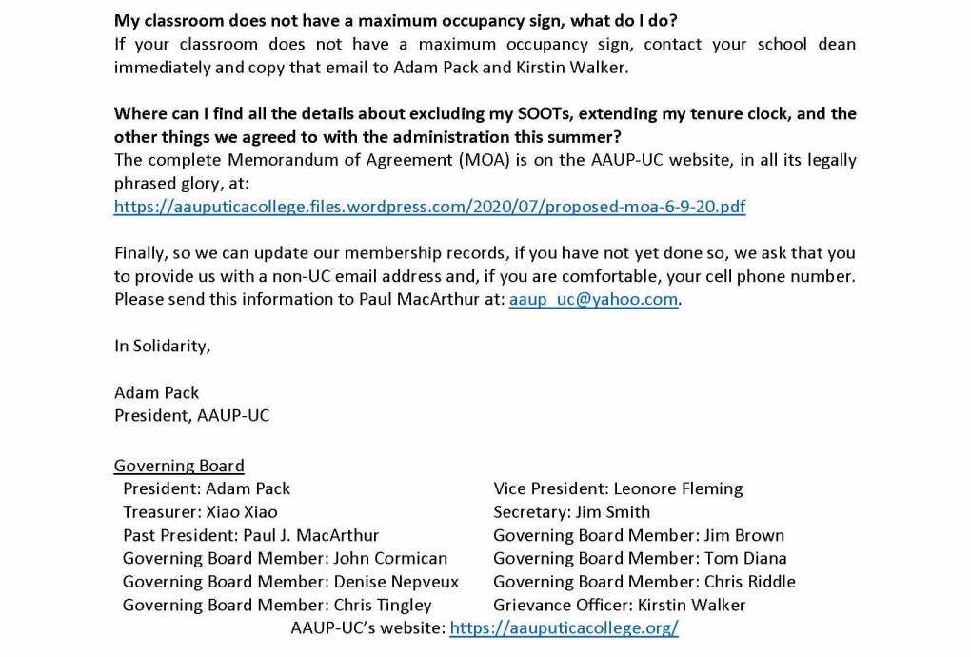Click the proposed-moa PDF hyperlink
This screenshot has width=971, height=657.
(429, 207)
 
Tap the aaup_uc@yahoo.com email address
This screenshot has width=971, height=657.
(594, 299)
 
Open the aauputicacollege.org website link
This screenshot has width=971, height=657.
(564, 628)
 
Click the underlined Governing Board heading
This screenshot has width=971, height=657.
(179, 466)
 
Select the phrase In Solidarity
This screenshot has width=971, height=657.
(162, 346)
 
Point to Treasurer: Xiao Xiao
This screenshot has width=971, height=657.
(200, 511)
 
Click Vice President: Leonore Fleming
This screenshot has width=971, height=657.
(618, 488)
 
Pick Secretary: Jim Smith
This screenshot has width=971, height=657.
(571, 511)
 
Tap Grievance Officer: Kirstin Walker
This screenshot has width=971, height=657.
(619, 605)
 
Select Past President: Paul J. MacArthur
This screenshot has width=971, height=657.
(250, 535)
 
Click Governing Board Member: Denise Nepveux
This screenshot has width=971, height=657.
(290, 582)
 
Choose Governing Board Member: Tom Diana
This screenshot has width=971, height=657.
(640, 558)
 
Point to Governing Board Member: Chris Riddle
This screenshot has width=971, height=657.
(644, 582)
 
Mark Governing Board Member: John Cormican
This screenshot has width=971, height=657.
(285, 558)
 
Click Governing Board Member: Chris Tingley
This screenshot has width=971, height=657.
(277, 605)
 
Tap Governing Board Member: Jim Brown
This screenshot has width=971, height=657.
(639, 535)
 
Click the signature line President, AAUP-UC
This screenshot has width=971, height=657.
(191, 415)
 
